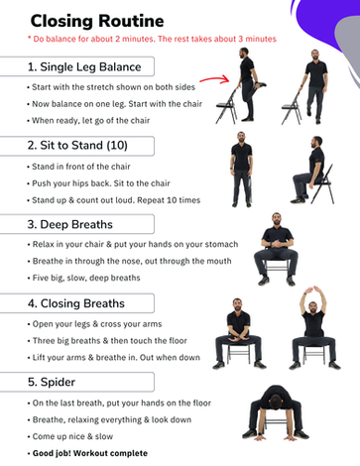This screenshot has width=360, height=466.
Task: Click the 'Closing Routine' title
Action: (x=97, y=21)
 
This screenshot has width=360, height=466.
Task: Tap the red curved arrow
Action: (x=214, y=79)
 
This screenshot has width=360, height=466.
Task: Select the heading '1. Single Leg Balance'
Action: (x=84, y=66)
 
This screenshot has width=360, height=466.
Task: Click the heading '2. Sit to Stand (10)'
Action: (x=77, y=146)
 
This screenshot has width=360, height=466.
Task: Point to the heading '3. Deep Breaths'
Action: (x=69, y=224)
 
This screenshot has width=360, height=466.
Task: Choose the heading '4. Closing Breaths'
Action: (x=76, y=303)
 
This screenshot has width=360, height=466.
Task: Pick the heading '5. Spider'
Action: (x=52, y=382)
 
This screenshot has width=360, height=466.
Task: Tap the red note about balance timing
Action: (x=152, y=39)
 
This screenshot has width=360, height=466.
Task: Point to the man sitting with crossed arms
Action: (x=238, y=334)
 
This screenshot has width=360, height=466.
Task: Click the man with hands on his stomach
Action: (x=277, y=250)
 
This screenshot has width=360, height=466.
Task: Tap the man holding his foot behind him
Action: (x=249, y=85)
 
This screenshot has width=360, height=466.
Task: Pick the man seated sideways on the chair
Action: (x=312, y=171)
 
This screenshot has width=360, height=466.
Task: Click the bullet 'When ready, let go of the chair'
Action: (x=90, y=121)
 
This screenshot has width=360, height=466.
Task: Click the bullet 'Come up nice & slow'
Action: (x=72, y=436)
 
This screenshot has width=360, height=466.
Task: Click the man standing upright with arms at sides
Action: (x=242, y=170)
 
